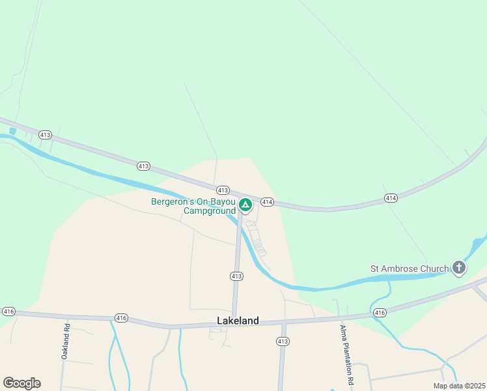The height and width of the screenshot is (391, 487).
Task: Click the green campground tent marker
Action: click(x=245, y=205)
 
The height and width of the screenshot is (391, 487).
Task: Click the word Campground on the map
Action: click(x=209, y=211)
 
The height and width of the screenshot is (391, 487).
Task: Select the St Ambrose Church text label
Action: click(x=410, y=268)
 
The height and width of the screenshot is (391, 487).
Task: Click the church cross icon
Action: click(x=459, y=267)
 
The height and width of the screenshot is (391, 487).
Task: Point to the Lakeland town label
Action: click(x=238, y=321)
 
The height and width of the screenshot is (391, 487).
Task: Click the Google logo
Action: click(x=21, y=383)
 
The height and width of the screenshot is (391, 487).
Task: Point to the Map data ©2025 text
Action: click(x=459, y=386)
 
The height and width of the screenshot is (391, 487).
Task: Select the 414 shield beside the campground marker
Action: click(x=267, y=203)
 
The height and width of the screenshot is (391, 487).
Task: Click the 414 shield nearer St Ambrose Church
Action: click(x=391, y=198)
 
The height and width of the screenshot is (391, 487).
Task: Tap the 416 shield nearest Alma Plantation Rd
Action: click(x=380, y=313)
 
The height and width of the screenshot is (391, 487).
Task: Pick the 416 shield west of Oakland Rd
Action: click(x=8, y=312)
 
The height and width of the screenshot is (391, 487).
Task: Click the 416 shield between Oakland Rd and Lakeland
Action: click(x=121, y=318)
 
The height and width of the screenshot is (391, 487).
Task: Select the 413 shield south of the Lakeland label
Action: click(x=282, y=341)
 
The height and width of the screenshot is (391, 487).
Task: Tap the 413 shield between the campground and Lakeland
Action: click(x=236, y=276)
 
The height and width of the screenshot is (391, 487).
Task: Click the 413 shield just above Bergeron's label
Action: click(x=223, y=190)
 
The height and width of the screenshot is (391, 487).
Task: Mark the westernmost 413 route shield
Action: click(x=45, y=135)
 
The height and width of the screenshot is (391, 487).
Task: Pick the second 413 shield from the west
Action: click(x=144, y=166)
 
